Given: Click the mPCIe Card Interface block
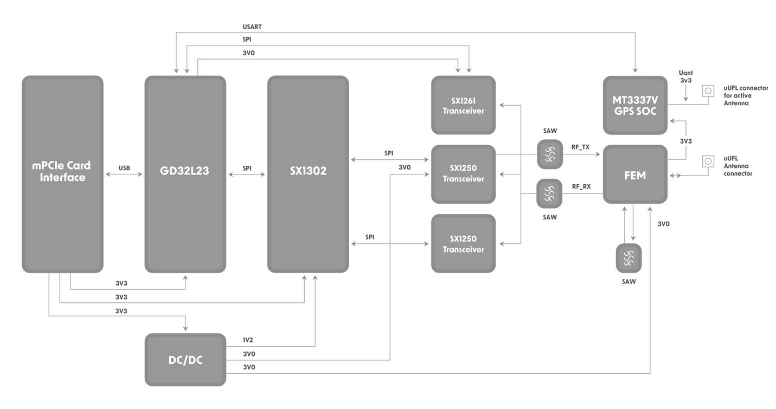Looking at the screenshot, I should (62, 173).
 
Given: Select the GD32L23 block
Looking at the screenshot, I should (185, 173).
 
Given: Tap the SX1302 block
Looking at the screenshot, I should (307, 173).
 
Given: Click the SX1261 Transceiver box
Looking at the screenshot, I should (463, 105).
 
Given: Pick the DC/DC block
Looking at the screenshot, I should (185, 360).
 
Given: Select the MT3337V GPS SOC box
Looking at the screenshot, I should (635, 105).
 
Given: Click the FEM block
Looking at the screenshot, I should (635, 174).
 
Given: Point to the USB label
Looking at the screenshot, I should (124, 168).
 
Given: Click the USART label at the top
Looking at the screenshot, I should (252, 27).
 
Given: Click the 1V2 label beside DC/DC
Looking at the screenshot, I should (248, 340).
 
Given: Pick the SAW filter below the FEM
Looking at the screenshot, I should (629, 258).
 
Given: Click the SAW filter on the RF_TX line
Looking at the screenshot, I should (549, 154).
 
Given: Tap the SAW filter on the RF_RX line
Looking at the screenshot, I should (549, 193).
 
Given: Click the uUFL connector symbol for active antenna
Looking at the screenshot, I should (708, 91).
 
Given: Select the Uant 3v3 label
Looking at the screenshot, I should (685, 76).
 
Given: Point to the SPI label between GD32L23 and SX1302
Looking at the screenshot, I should (247, 168).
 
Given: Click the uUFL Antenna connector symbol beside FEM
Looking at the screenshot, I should (708, 161).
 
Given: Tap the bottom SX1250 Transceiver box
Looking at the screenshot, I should (463, 244).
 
